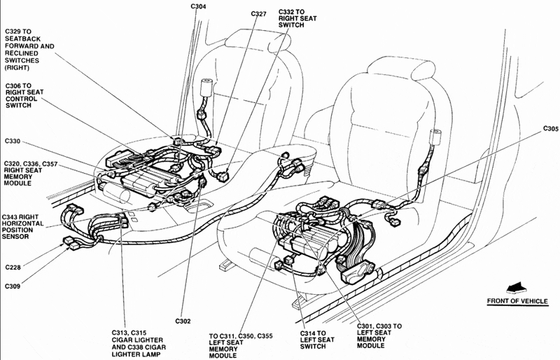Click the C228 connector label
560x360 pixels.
coord(15,266)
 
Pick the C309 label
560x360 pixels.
coord(15,285)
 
